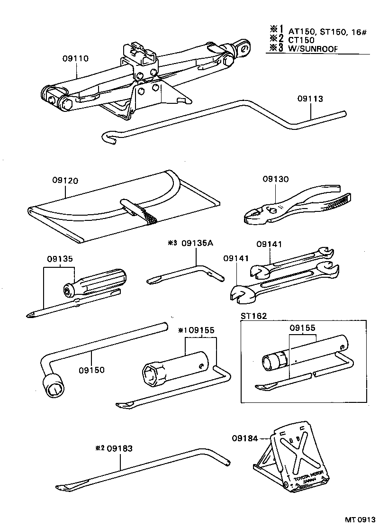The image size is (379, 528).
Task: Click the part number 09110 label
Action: (75, 58)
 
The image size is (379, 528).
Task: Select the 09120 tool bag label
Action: (65, 181)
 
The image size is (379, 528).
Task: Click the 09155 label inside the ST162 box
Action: (302, 327)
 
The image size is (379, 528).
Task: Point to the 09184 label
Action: (245, 438)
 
